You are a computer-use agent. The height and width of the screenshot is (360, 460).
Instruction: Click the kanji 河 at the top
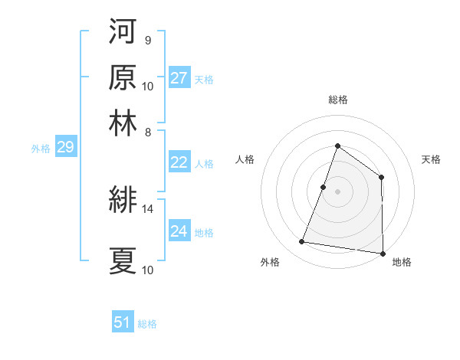coord(123,31)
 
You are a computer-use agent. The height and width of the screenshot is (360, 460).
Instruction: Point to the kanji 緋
coord(123,201)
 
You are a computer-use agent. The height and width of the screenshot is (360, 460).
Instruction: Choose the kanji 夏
coord(123,260)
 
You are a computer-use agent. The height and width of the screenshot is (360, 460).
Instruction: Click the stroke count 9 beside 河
coord(147,40)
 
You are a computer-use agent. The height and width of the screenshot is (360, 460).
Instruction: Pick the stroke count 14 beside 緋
coord(148,208)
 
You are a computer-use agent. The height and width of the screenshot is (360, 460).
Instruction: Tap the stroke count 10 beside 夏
coord(148,270)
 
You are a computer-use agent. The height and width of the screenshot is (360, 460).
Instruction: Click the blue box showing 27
coord(179,78)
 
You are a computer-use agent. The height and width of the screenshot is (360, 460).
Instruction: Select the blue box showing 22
coord(179,162)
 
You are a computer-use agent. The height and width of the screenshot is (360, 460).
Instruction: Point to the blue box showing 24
coord(179,231)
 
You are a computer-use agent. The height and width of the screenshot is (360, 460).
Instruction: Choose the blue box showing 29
coord(65,147)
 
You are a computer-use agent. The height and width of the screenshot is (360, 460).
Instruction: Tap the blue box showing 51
coord(123,322)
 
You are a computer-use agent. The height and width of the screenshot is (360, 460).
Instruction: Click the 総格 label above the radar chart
coord(337,100)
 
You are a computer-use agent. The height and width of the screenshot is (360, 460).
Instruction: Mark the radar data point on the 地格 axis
coord(382,254)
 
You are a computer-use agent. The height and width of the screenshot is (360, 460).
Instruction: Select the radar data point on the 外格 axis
coord(302,242)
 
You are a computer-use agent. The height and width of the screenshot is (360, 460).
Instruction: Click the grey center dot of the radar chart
coord(337,191)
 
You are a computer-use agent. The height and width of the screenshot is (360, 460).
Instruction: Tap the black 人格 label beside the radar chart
coord(245,159)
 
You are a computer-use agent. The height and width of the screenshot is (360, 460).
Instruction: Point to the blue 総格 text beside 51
coord(147,324)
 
